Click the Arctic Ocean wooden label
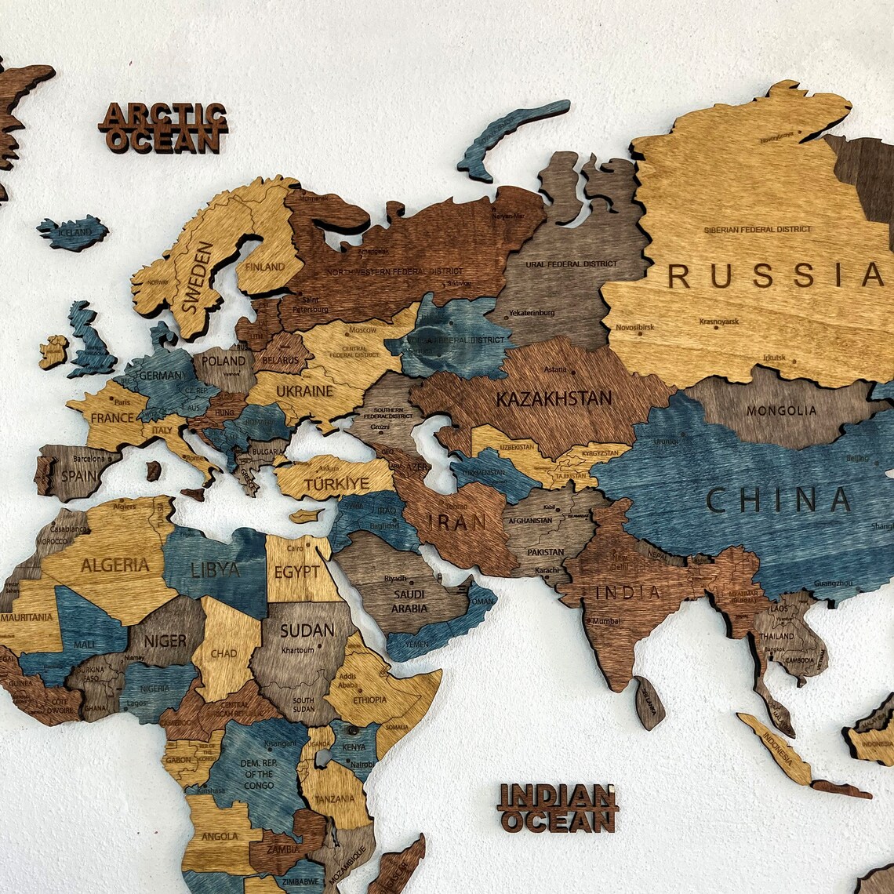(x=164, y=127)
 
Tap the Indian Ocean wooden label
(x=558, y=808)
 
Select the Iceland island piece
(x=72, y=232)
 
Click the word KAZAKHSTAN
(x=554, y=398)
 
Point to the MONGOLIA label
(x=781, y=410)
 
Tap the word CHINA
(x=779, y=500)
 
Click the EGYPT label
(x=296, y=572)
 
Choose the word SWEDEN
(x=198, y=278)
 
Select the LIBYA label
(x=215, y=569)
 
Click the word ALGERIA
(x=115, y=565)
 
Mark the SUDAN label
(x=307, y=630)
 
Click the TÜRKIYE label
(x=336, y=484)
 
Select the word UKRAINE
(x=305, y=391)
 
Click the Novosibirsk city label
(x=634, y=327)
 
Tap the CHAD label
(x=223, y=652)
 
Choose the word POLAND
(x=223, y=362)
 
